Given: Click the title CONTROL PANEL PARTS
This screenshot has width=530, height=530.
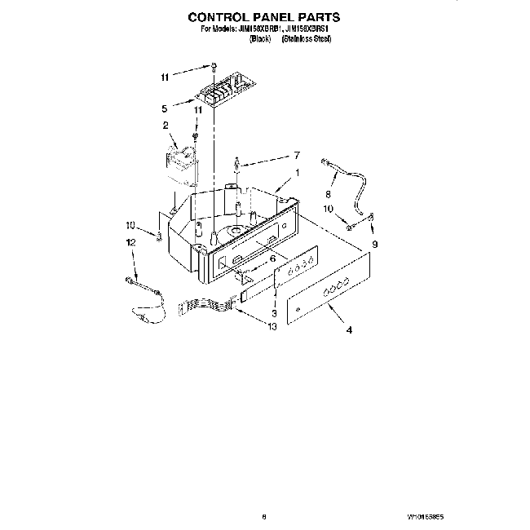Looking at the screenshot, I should [264, 15].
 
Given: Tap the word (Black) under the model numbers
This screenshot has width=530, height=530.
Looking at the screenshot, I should [260, 38].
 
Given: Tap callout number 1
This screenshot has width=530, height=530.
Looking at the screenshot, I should [298, 173].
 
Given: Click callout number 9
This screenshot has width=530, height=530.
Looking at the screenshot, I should [376, 243].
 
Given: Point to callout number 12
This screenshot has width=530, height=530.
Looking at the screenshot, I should [130, 243].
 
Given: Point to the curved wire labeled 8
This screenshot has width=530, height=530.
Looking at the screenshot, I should [351, 181].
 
